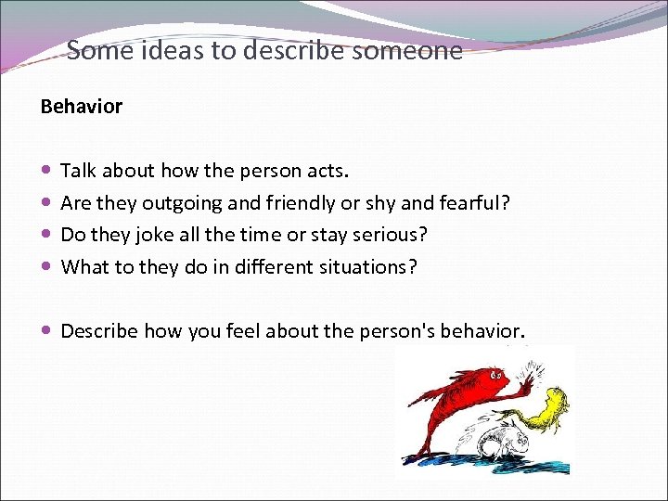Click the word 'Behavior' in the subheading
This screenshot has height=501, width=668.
(x=82, y=107)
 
